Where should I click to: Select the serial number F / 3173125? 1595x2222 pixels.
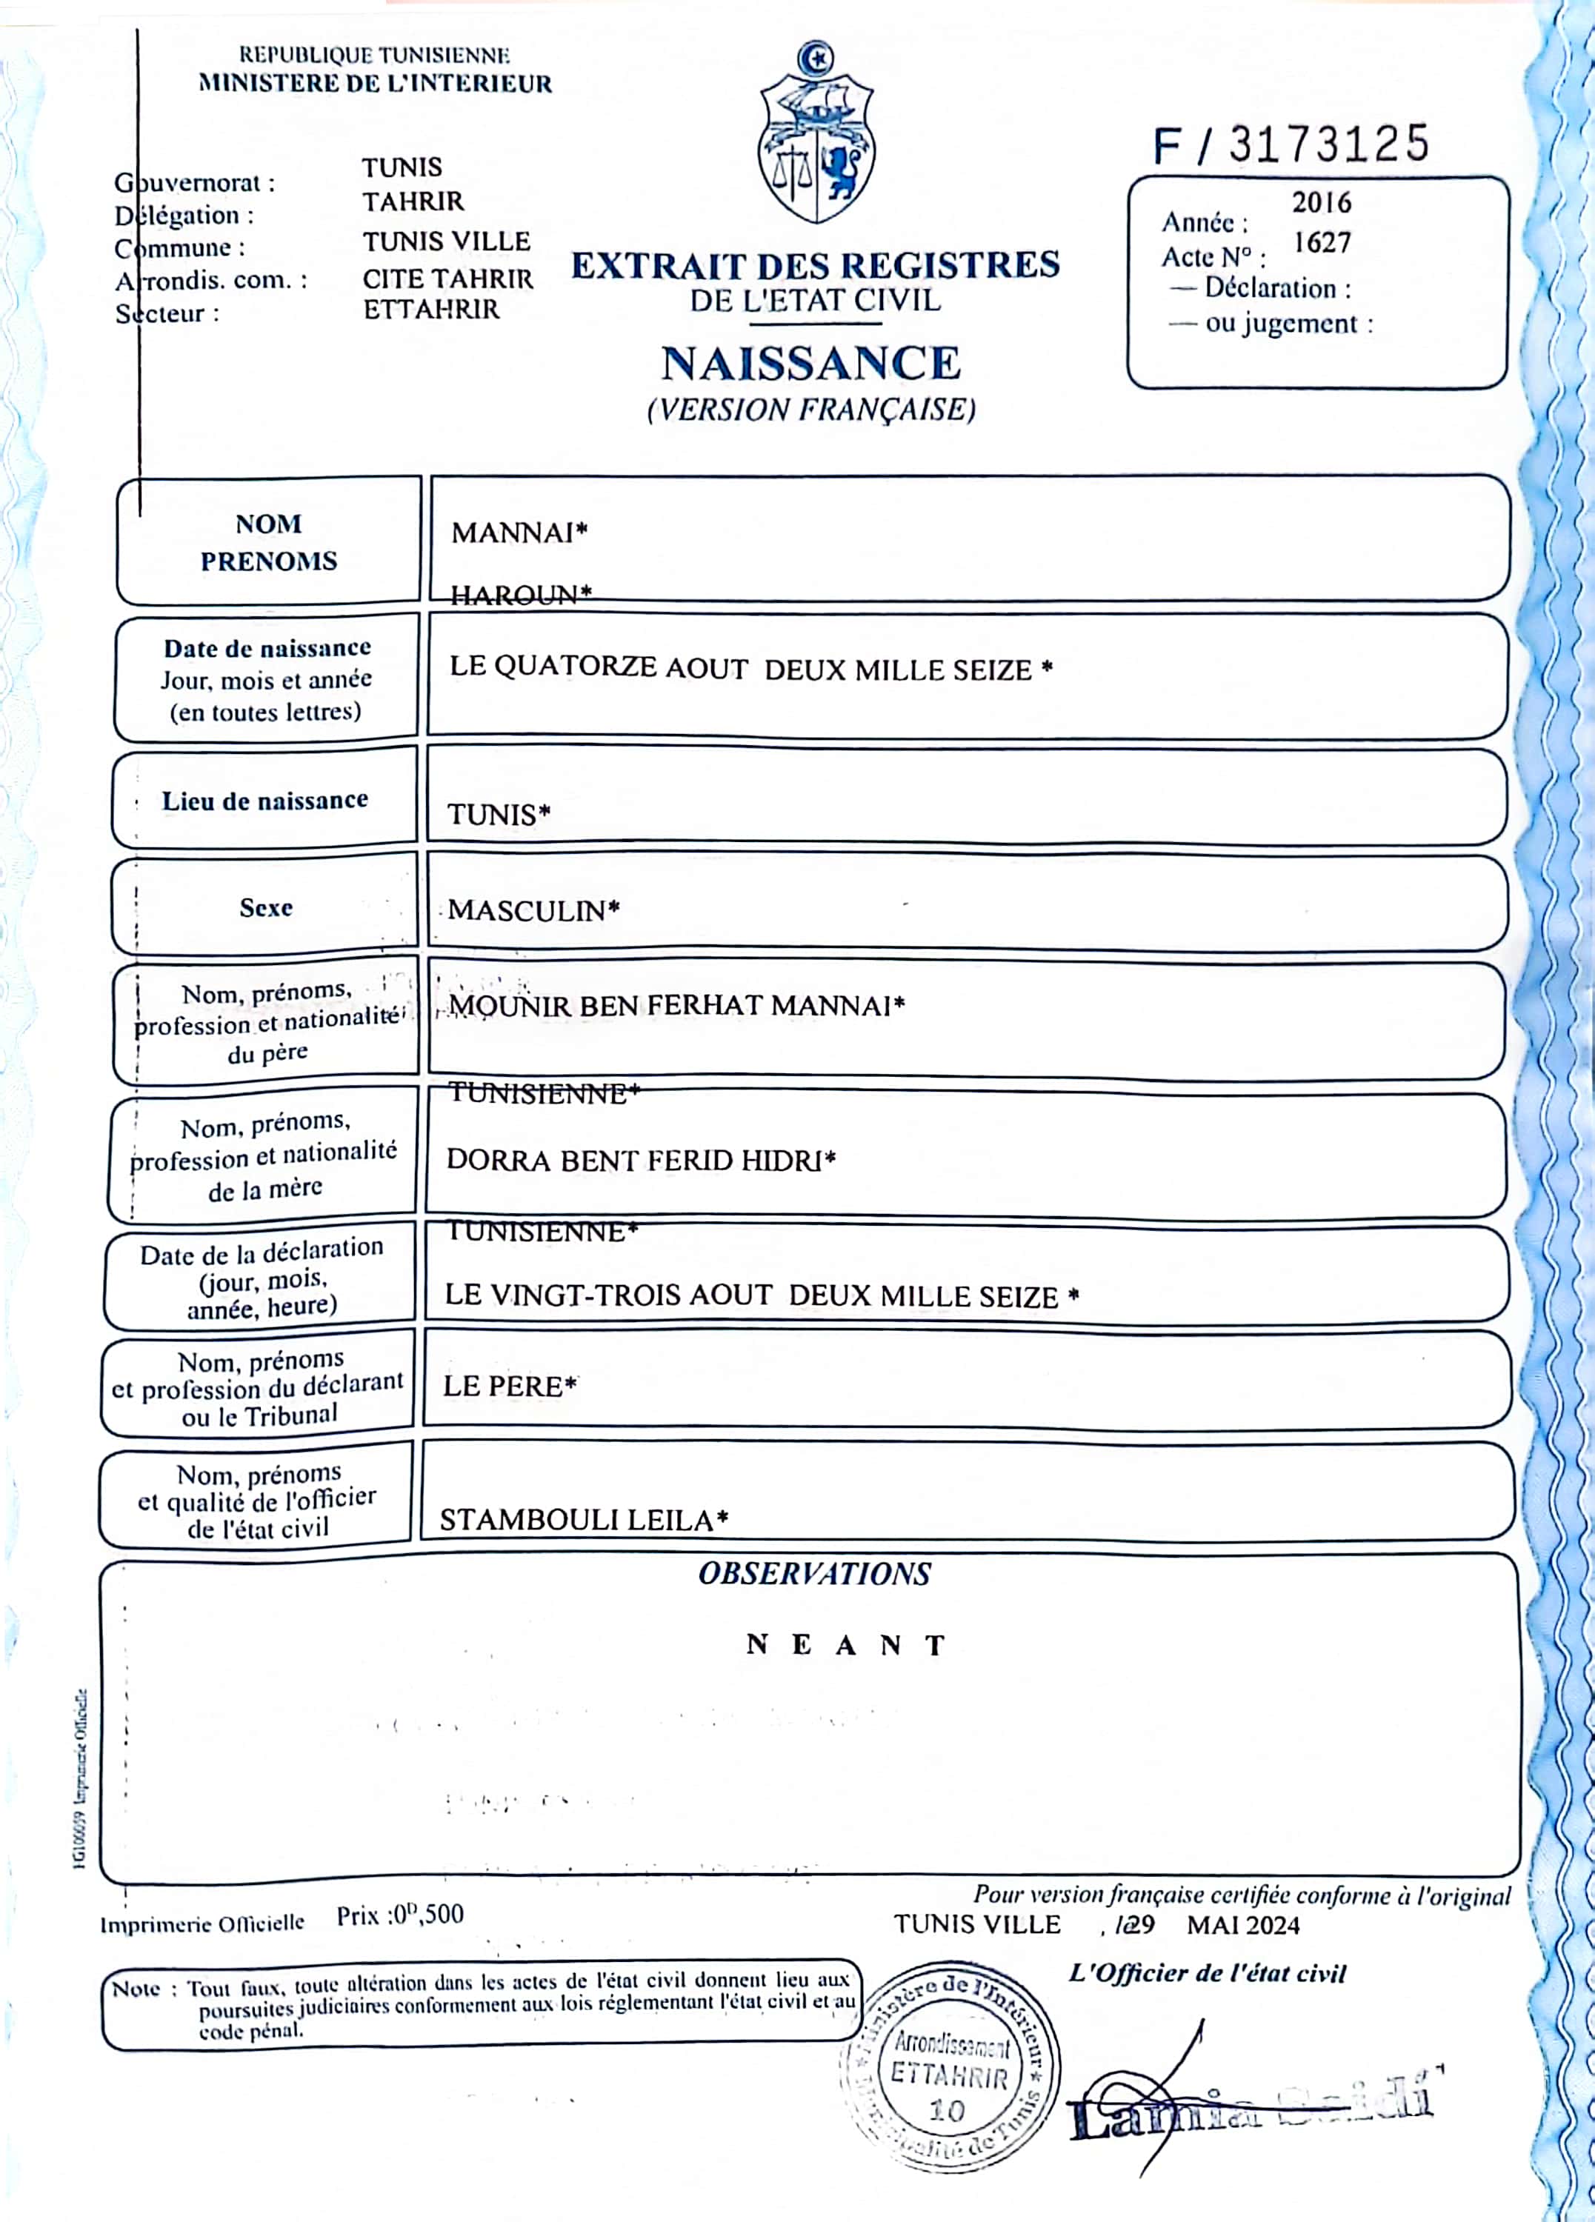tap(1291, 145)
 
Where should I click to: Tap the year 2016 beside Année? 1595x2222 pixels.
tap(1321, 203)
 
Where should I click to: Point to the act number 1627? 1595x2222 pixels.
tap(1322, 242)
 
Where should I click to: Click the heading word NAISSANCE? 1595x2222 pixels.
tap(811, 364)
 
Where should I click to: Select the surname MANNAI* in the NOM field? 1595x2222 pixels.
tap(519, 533)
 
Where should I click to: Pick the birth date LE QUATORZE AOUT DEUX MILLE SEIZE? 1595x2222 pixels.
tap(750, 669)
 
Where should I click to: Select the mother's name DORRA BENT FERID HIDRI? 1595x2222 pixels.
tap(641, 1160)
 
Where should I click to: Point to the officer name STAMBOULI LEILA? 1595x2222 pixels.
tap(584, 1520)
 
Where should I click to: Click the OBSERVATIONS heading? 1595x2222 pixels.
tap(814, 1575)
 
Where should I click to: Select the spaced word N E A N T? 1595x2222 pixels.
tap(845, 1645)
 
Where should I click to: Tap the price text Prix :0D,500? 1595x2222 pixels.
tap(400, 1915)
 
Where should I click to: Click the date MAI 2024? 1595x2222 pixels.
tap(1242, 1925)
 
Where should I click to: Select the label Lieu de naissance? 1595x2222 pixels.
tap(264, 801)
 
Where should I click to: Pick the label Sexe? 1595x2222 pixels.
tap(265, 907)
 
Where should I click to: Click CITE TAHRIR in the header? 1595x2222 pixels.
tap(447, 279)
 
